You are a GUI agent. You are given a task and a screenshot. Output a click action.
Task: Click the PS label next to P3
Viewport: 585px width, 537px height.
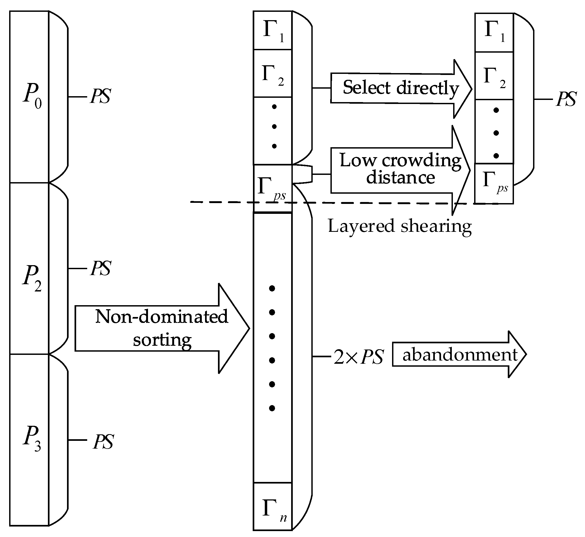(103, 442)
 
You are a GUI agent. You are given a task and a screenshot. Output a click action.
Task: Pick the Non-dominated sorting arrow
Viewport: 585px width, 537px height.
(161, 328)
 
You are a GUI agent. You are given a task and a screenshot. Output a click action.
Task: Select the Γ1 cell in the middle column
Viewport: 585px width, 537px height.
(273, 31)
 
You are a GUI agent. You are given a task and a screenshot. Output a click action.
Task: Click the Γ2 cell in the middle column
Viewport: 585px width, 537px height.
(273, 74)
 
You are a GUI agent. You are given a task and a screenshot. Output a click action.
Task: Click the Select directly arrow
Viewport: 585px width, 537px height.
(400, 88)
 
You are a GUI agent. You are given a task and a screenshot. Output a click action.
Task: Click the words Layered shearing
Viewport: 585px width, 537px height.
(400, 226)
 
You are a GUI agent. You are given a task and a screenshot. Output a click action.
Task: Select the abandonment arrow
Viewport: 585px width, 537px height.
(459, 355)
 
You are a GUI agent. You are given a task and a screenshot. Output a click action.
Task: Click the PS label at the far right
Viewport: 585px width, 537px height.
(566, 99)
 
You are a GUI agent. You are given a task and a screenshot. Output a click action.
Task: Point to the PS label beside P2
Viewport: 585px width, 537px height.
(100, 268)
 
